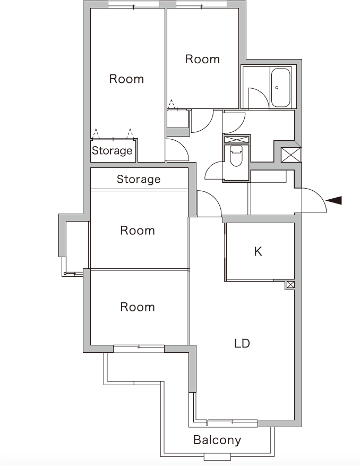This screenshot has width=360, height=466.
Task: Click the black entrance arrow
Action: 335,200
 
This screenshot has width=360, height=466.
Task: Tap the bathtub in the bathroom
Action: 281,87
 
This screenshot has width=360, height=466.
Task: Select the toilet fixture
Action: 236,156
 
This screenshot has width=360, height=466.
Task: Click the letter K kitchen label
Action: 258,251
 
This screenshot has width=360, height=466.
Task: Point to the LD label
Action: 242,343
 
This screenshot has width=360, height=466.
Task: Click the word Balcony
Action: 217,440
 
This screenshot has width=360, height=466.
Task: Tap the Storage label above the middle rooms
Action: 139,179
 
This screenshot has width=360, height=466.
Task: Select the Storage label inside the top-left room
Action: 112,150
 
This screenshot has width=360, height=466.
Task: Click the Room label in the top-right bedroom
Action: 202,59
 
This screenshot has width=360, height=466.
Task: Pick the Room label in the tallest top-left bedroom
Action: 126,79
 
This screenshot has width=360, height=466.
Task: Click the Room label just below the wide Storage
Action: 138,231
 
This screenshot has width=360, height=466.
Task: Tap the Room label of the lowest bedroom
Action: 138,307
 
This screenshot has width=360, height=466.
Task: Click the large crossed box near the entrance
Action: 290,155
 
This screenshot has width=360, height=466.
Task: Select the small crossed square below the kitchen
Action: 290,285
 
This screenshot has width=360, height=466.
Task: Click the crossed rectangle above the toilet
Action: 236,140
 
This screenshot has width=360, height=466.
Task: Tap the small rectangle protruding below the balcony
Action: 217,456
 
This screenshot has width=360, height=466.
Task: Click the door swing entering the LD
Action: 208,202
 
